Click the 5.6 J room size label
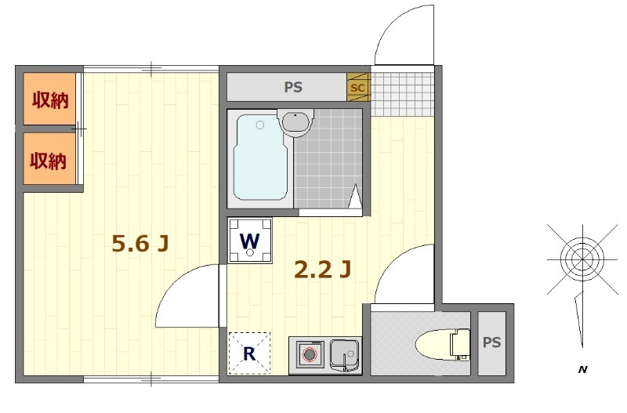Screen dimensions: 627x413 click(x=140, y=243)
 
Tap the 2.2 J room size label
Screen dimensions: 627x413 click(x=323, y=269)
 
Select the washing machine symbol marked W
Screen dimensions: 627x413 click(x=250, y=241)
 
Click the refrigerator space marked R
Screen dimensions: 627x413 click(x=249, y=353)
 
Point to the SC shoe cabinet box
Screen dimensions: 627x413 click(x=358, y=87)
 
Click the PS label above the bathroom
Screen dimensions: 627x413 click(x=293, y=87)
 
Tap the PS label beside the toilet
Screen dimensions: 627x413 click(x=492, y=342)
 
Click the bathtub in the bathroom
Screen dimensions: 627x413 click(x=260, y=157)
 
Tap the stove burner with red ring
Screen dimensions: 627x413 click(x=309, y=354)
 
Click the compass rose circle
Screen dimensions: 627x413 click(x=582, y=259)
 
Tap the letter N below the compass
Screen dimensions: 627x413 click(x=582, y=370)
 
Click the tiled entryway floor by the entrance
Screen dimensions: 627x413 click(x=402, y=94)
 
